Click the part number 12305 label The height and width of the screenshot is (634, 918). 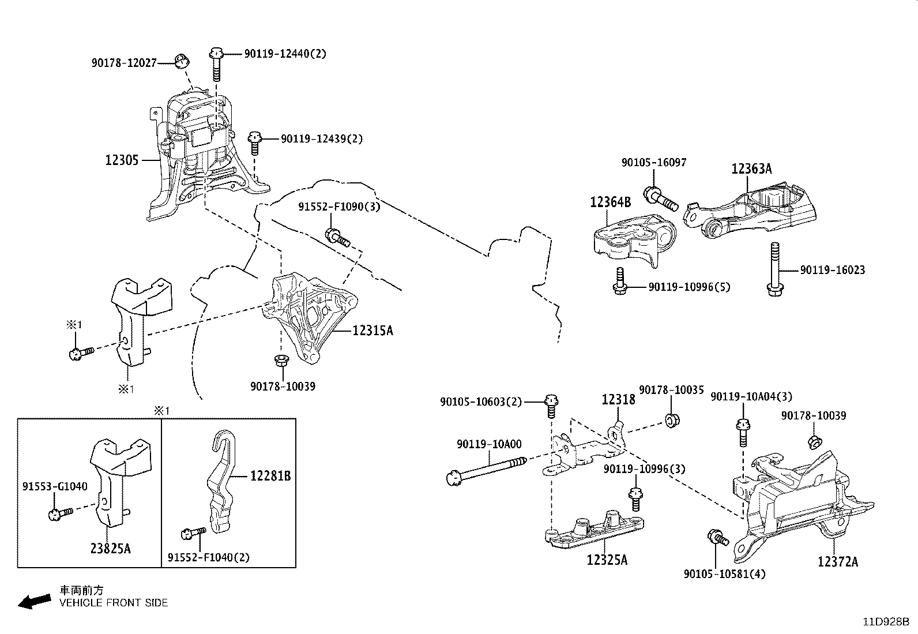click(122, 160)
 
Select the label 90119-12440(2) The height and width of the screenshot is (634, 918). click(285, 54)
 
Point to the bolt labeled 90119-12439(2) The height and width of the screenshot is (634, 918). click(254, 142)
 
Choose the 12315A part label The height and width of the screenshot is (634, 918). click(373, 331)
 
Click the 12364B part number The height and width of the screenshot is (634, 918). click(610, 202)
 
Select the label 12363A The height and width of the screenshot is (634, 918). click(751, 168)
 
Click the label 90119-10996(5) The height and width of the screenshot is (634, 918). click(689, 287)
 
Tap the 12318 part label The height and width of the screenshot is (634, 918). click(619, 399)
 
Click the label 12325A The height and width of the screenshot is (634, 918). click(607, 560)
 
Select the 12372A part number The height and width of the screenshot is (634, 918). click(837, 561)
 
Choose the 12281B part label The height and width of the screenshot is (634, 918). click(270, 476)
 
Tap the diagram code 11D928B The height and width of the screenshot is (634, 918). click(886, 622)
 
